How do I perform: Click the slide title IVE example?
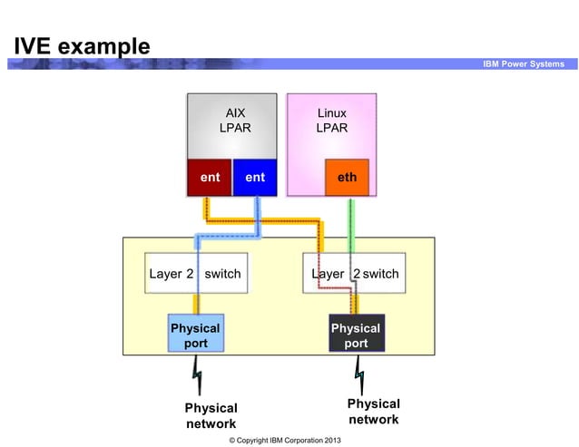(x=82, y=45)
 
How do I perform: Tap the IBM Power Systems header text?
(x=524, y=64)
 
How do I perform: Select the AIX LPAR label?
(x=235, y=121)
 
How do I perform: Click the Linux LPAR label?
(x=331, y=121)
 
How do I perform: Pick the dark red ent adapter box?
(x=210, y=178)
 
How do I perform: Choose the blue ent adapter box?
(x=255, y=178)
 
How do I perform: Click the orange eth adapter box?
(x=347, y=178)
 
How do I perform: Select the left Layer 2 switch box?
(x=194, y=274)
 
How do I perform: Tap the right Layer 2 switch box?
(x=355, y=274)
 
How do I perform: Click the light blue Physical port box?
(x=196, y=335)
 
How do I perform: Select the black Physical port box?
(x=356, y=335)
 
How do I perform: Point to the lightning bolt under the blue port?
(x=196, y=371)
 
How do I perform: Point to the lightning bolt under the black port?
(x=359, y=371)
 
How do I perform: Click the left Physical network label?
(x=211, y=416)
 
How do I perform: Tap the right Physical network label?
(x=373, y=411)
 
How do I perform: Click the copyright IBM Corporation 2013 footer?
(x=285, y=440)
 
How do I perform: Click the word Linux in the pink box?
(x=331, y=113)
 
